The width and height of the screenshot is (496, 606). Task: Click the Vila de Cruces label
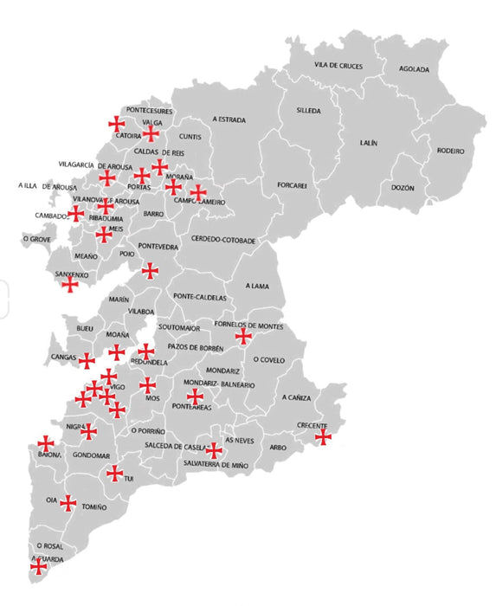[x=338, y=66]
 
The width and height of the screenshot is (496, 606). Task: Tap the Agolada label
[x=415, y=69]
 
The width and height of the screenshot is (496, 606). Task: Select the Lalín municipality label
[x=369, y=142]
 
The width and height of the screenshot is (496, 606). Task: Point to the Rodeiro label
[x=451, y=151]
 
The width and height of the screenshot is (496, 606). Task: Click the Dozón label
[x=403, y=188]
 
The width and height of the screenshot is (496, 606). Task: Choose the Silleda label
[x=308, y=112]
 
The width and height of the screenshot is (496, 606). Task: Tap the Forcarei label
[x=293, y=184]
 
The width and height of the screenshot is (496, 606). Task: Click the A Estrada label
[x=229, y=119]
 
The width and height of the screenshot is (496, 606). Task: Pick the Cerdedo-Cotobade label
[x=223, y=239]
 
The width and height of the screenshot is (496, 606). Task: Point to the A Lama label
[x=259, y=285]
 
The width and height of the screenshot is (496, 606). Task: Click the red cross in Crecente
[x=323, y=437]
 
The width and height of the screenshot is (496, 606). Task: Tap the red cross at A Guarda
[x=37, y=568]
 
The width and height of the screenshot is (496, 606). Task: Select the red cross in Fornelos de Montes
[x=243, y=336]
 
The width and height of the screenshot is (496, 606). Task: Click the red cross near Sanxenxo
[x=70, y=284]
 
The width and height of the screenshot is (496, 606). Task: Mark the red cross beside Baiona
[x=46, y=444]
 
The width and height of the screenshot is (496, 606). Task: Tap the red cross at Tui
[x=114, y=473]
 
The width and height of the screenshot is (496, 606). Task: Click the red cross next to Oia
[x=68, y=502]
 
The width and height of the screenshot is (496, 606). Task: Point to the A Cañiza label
[x=296, y=397]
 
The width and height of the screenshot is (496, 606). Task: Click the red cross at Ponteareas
[x=196, y=396]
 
